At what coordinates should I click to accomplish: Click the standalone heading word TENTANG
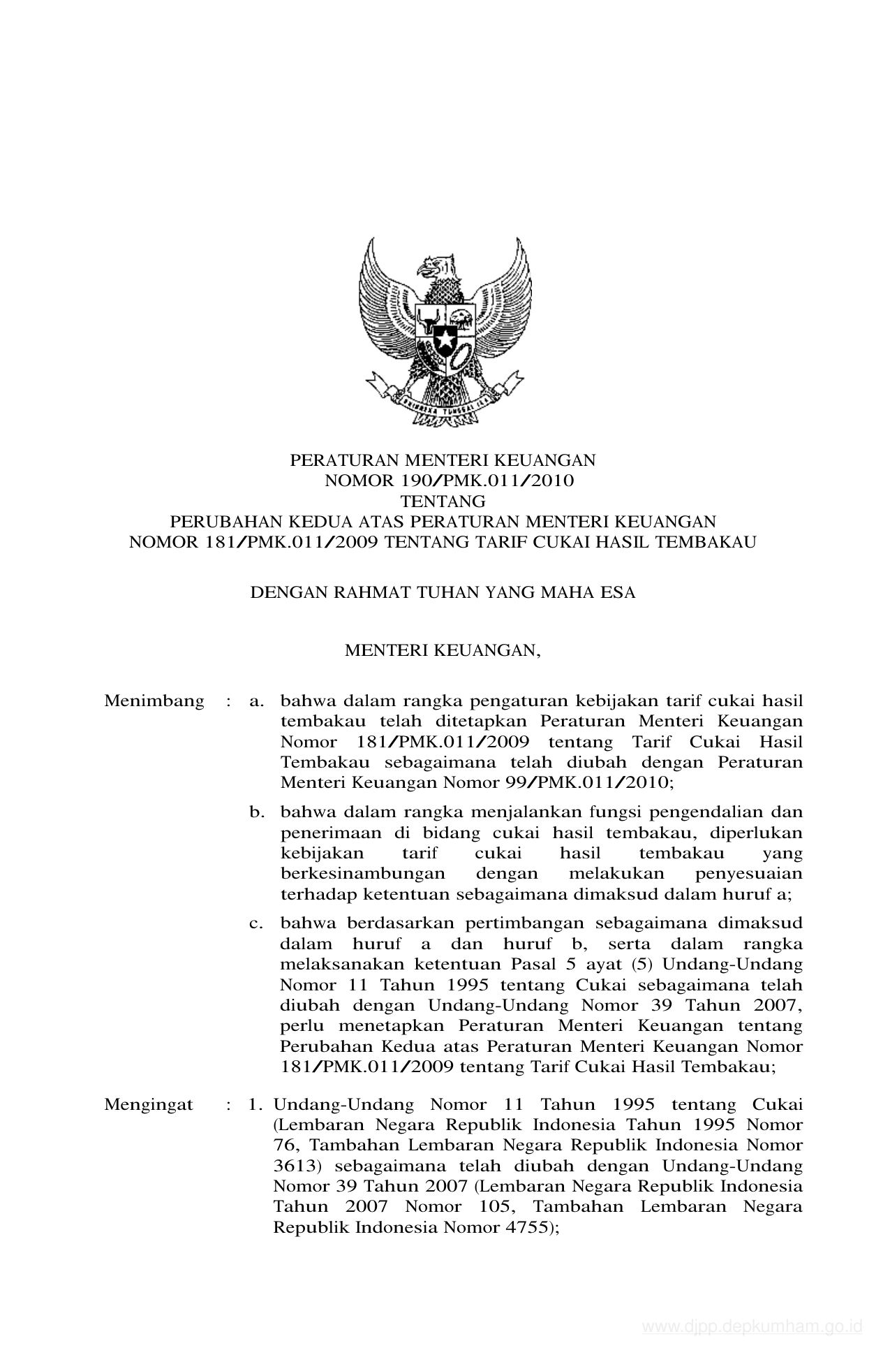pyautogui.click(x=443, y=501)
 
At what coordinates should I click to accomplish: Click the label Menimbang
pyautogui.click(x=154, y=701)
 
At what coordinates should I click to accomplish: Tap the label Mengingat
pyautogui.click(x=149, y=1104)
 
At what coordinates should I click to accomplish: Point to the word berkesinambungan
pyautogui.click(x=362, y=874)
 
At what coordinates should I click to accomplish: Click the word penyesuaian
pyautogui.click(x=749, y=874)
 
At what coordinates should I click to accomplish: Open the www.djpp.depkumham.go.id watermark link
pyautogui.click(x=752, y=1326)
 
